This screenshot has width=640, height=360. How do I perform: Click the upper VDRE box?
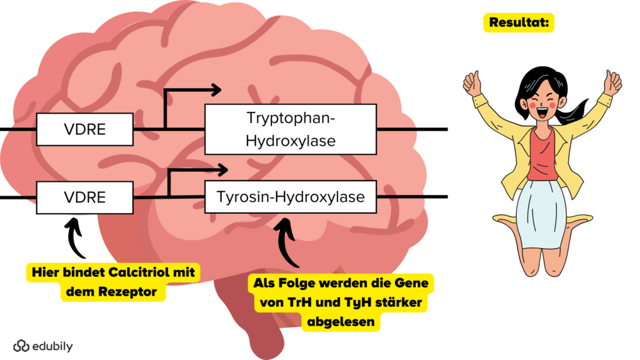(85, 129)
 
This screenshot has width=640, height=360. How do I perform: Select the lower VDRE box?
(85, 197)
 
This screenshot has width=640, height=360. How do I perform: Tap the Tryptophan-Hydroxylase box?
(291, 129)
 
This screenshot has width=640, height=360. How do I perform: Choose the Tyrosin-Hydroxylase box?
(291, 197)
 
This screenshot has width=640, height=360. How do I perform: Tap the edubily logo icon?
(21, 346)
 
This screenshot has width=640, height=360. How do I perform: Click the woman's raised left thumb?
(611, 82)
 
